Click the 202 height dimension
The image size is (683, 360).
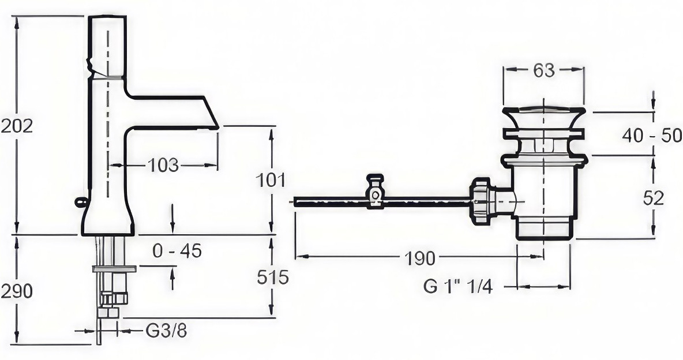click(17, 126)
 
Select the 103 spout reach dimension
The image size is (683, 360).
click(163, 165)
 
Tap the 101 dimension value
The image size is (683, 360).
click(270, 180)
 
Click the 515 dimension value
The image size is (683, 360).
click(273, 277)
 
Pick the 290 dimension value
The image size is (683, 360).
click(17, 291)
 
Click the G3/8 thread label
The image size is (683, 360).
click(166, 331)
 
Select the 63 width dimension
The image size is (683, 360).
click(544, 70)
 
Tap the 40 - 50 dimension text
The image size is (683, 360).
click(652, 136)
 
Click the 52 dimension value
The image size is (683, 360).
click(654, 198)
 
